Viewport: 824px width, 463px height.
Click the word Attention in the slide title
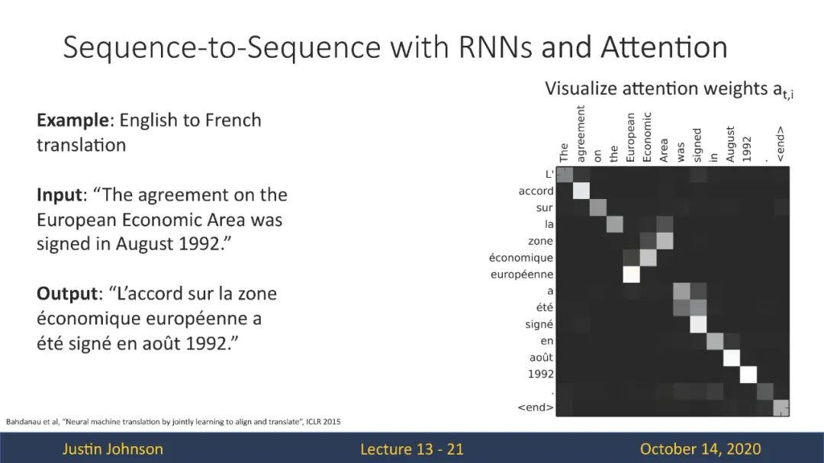pos(664,47)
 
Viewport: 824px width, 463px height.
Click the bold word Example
pos(72,121)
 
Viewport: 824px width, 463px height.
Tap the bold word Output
pos(67,293)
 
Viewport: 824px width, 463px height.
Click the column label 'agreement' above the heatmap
pos(581,133)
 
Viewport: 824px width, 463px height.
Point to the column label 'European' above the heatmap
pos(631,137)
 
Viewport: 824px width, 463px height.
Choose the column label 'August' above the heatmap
pos(730,144)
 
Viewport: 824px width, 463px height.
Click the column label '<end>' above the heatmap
pos(781,144)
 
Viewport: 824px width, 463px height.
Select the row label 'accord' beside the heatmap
pos(536,191)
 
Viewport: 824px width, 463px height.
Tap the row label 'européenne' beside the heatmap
pos(521,275)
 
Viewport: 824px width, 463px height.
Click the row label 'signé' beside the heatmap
pos(539,324)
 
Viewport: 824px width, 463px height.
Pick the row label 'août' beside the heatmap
pos(541,358)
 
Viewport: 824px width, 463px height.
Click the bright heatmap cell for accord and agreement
pos(581,191)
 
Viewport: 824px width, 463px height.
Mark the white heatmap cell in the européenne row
pos(631,275)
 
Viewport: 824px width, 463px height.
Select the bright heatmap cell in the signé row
pos(698,324)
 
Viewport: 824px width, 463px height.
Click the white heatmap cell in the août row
pos(732,358)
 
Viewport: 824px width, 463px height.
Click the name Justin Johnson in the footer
pos(113,449)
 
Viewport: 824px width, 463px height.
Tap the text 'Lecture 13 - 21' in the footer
pos(412,449)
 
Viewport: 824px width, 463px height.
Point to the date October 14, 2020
pos(700,449)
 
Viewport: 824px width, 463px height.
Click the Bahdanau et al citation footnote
pos(173,422)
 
